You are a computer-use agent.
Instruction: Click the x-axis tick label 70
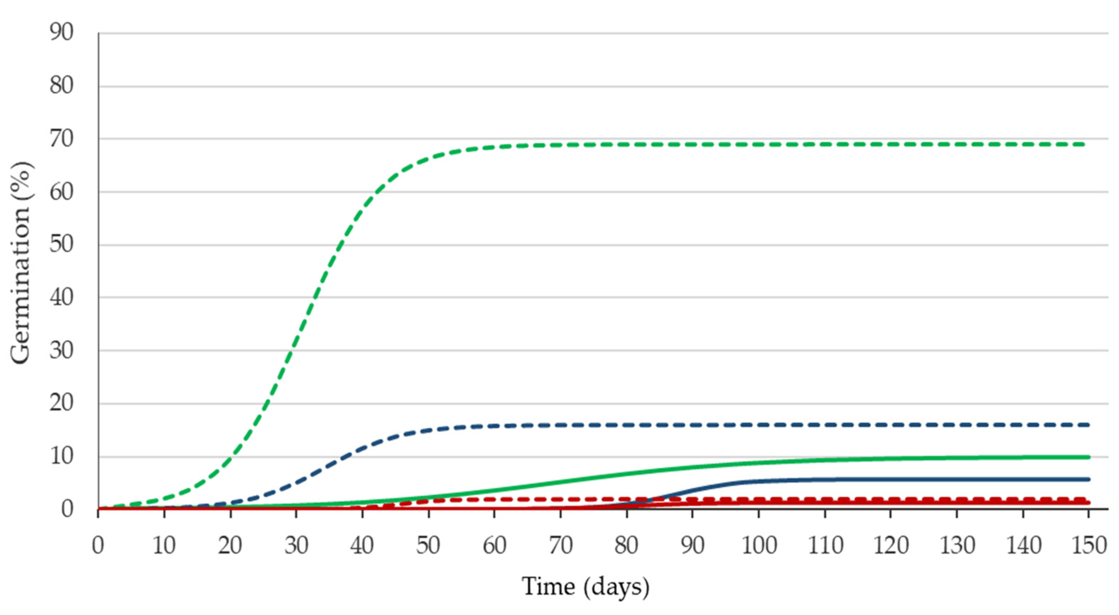(x=560, y=546)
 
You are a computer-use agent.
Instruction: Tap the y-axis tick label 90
(x=61, y=33)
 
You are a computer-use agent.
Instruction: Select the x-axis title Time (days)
(x=586, y=587)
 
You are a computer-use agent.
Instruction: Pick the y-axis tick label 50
(x=61, y=245)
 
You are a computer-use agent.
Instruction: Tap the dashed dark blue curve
(x=651, y=425)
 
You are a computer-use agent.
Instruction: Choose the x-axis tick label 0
(x=98, y=546)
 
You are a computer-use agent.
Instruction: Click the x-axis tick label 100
(x=759, y=546)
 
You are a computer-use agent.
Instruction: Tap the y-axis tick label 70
(x=61, y=139)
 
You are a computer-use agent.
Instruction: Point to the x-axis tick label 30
(x=296, y=546)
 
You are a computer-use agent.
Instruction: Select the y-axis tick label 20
(x=61, y=404)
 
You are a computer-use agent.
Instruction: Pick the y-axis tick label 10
(x=61, y=457)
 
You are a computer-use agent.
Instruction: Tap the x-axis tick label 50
(x=428, y=546)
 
